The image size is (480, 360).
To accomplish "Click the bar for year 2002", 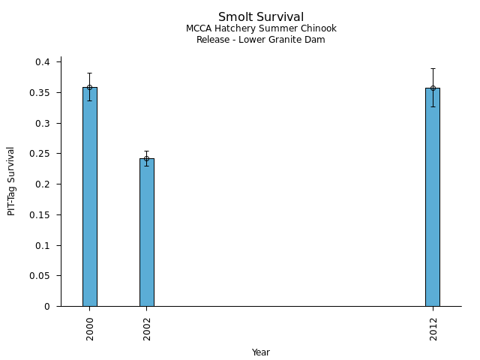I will (147, 232).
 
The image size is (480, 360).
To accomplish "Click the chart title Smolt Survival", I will (261, 17).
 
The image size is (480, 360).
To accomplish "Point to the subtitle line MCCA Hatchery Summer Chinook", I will (261, 29).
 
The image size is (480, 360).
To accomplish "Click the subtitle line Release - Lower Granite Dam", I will (261, 40).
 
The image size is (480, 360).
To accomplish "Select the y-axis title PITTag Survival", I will (12, 181).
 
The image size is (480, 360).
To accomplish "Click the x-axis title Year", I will (261, 352).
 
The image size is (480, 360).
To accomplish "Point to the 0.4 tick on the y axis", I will (43, 62).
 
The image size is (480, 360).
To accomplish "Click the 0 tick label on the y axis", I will (46, 307).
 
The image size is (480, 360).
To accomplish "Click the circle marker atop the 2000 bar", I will (90, 87).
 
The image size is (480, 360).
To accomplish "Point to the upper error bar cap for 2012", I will (433, 68).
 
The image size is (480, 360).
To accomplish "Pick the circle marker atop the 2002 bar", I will (147, 158).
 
